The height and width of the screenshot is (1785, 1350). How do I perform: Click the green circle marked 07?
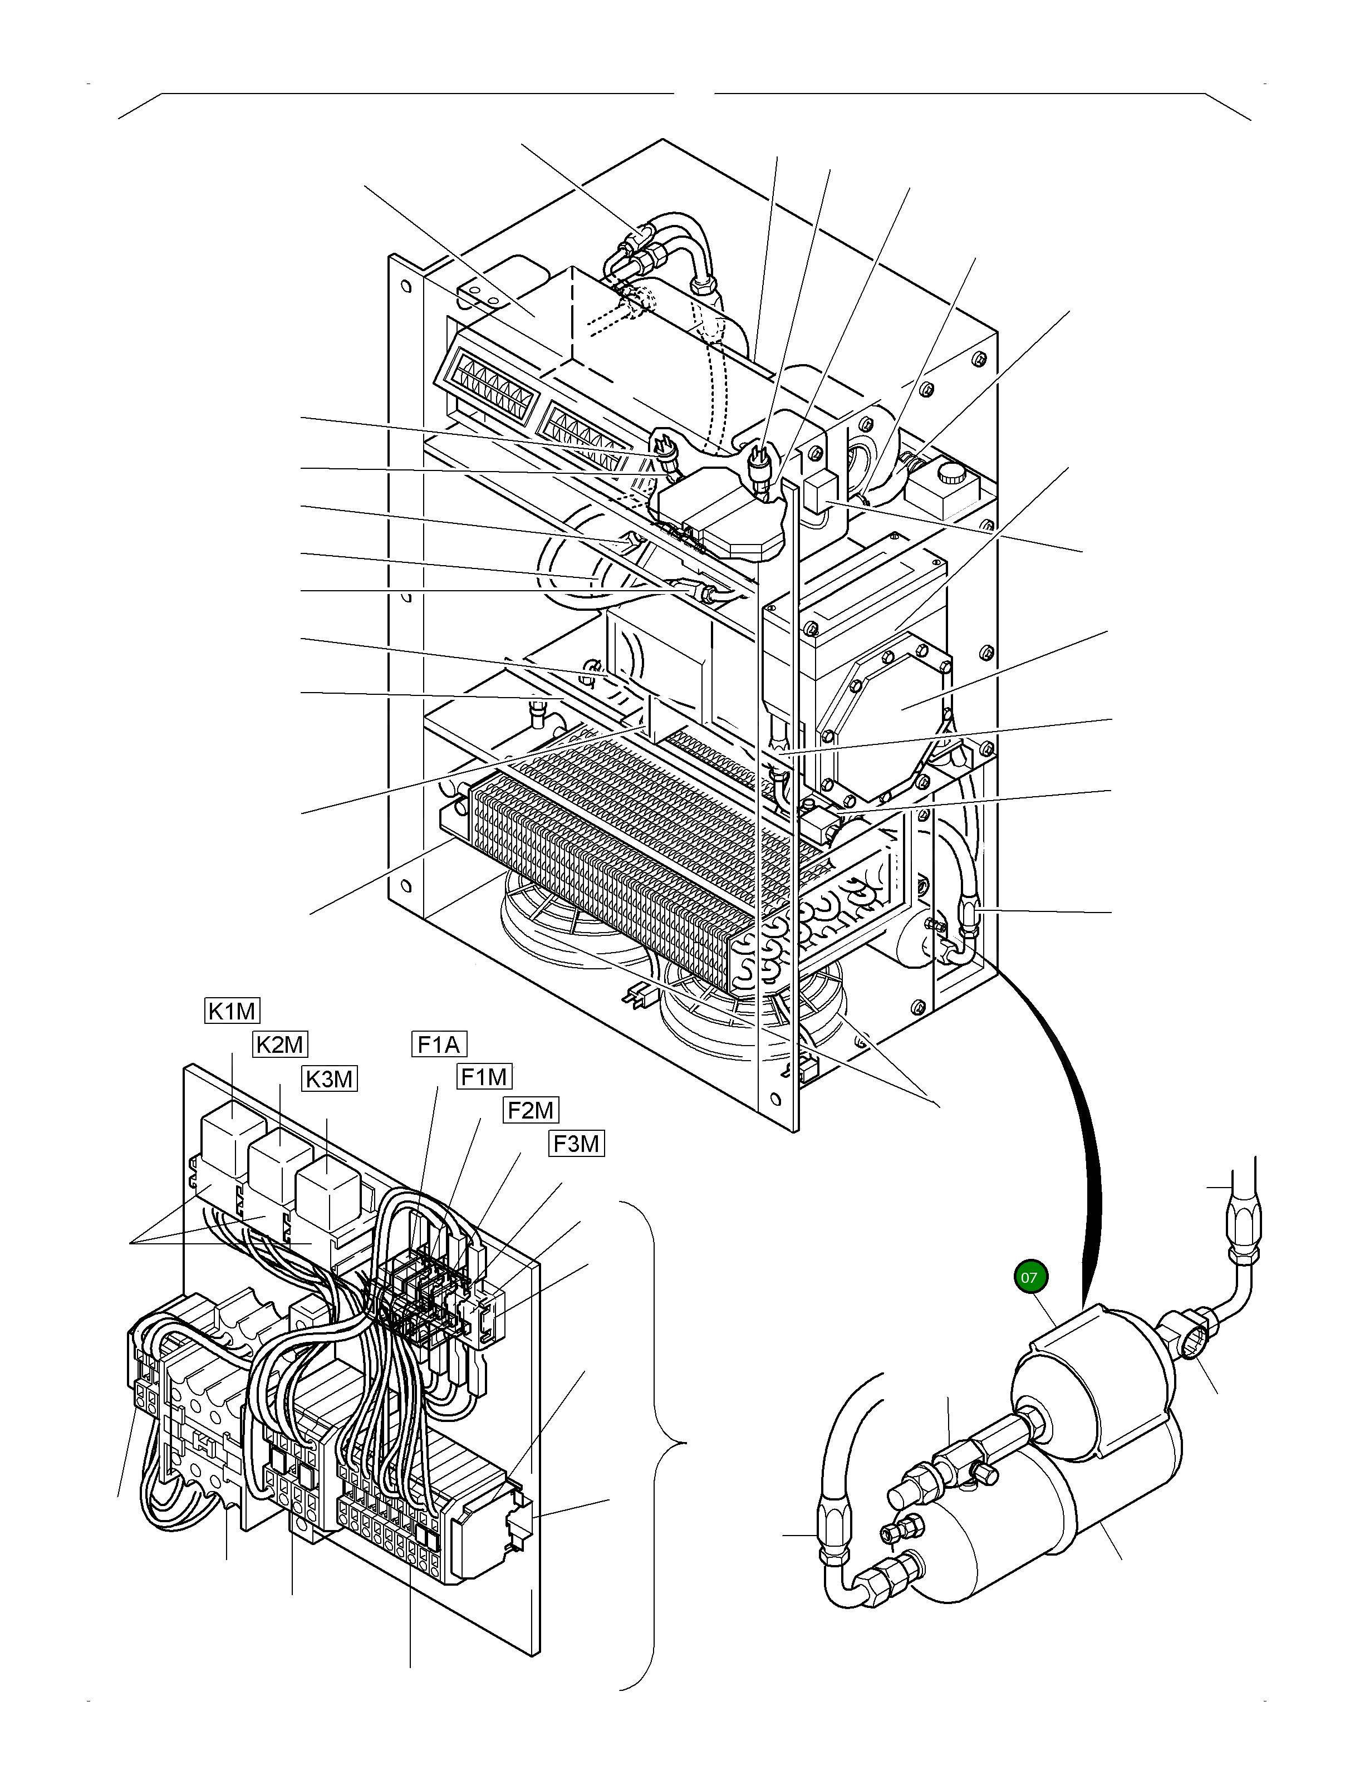pos(1028,1277)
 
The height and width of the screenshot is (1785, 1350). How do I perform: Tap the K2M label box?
pos(280,1044)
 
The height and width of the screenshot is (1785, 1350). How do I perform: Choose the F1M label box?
pos(484,1076)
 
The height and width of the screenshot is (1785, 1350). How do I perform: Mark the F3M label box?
pos(576,1144)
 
